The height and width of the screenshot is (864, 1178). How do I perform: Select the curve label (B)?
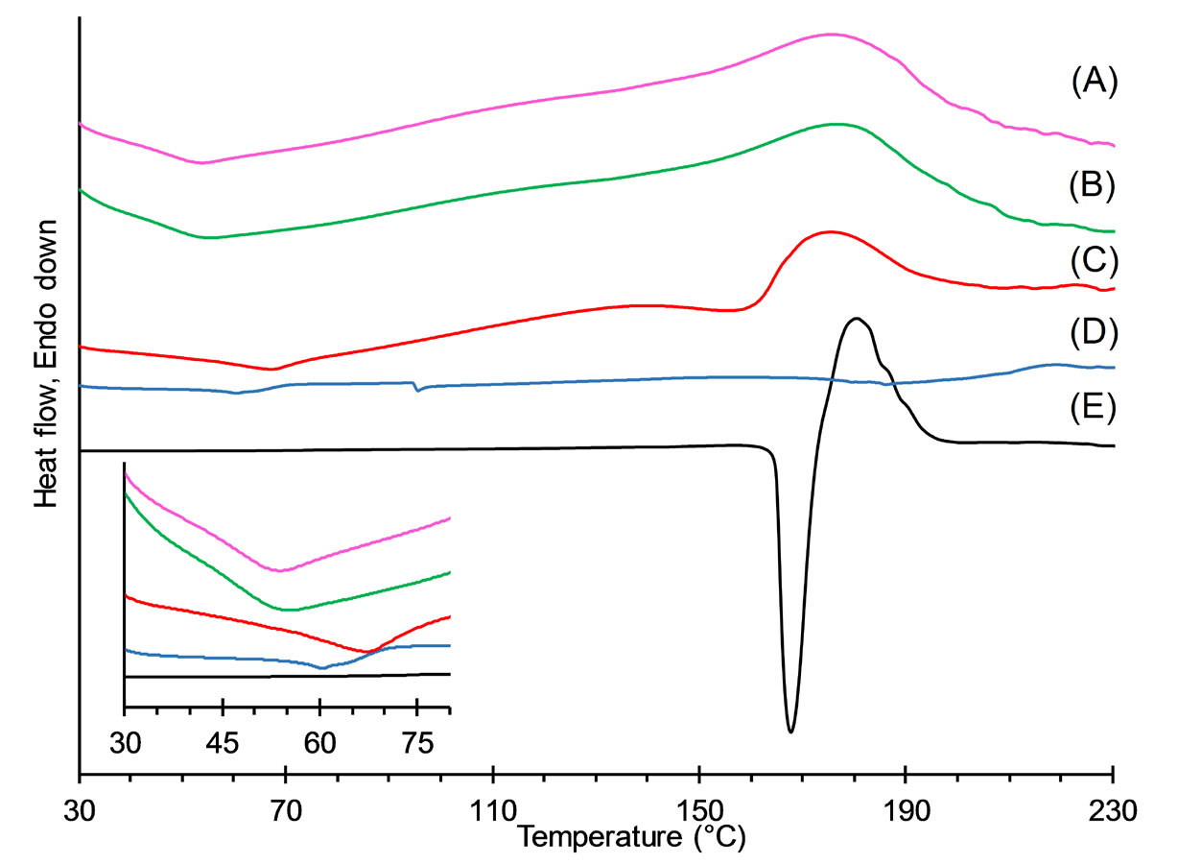tap(1093, 185)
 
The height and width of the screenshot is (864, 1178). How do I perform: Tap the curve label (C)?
tap(1093, 259)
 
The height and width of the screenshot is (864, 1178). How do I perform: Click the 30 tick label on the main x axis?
tap(80, 808)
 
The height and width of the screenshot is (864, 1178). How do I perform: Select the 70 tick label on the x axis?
tap(286, 808)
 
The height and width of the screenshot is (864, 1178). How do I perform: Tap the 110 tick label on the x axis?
tap(492, 808)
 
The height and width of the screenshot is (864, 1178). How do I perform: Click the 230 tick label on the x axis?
tap(1113, 808)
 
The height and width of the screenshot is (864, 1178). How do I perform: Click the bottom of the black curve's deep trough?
tap(790, 732)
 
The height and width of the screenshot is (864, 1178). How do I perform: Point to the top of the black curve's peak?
tap(857, 318)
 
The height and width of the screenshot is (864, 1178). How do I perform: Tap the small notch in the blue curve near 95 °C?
tap(416, 390)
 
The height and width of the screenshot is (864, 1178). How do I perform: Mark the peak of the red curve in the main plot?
tap(828, 231)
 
